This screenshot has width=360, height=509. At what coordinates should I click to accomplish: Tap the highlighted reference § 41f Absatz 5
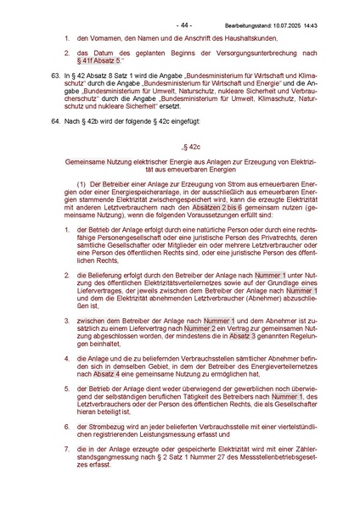104,62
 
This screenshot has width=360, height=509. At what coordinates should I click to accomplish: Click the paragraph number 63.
53,76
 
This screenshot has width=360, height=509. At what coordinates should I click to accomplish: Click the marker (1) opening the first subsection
82,184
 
